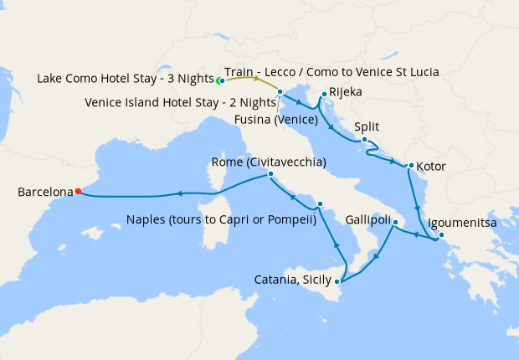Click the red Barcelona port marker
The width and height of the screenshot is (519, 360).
pos(77,191)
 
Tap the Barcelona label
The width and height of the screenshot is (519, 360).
pos(46,192)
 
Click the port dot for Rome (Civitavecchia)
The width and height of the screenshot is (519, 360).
pos(270,174)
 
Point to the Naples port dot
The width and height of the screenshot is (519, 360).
pos(320,203)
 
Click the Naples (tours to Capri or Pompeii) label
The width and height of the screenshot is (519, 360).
pos(220,221)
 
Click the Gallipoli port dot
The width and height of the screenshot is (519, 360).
pos(395,222)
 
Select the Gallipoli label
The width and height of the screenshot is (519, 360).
pos(368,220)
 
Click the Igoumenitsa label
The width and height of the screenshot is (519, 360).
pos(462,224)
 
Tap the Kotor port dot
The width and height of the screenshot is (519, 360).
pos(411,164)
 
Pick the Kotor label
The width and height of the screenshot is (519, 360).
pos(430,167)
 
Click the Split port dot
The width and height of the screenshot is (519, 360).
pos(364,140)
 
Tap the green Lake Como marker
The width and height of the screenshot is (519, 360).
pos(218,80)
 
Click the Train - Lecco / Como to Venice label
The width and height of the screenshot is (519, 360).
pos(332,72)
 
